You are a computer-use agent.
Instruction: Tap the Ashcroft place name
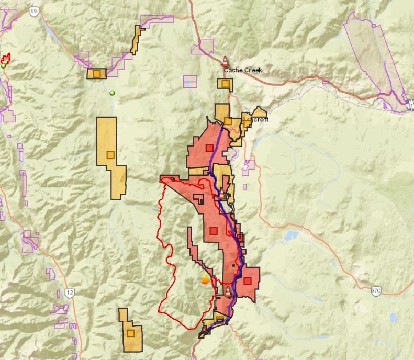coord(256,120)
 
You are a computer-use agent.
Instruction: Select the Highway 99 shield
coord(34,10)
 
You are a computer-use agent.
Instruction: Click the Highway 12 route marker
coord(70,291)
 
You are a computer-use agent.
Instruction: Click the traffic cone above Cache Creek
coord(225,61)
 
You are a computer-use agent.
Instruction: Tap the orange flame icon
coord(205,280)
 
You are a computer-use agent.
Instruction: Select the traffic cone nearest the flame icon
coord(228,290)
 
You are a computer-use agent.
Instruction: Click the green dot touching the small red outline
coord(4,66)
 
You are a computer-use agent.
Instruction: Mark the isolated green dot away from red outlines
coord(111,93)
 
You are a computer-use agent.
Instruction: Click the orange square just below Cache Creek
coord(225,83)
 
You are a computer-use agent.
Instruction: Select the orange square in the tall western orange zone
coord(110,154)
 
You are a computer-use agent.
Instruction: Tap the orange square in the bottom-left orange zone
coord(130,333)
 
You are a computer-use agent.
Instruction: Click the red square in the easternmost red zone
coord(247,281)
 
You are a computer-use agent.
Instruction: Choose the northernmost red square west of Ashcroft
coord(209,148)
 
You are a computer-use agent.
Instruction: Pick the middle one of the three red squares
coord(213,231)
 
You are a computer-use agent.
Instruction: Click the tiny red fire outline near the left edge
coord(6,59)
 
